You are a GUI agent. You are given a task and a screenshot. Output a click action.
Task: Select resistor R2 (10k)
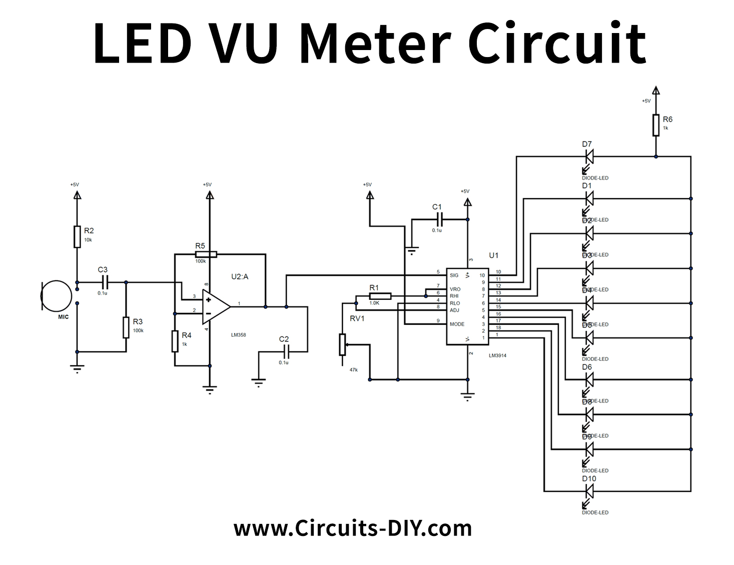click(x=77, y=237)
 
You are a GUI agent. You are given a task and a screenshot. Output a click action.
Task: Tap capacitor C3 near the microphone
click(x=103, y=282)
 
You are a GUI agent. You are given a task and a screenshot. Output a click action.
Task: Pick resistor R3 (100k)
click(x=126, y=327)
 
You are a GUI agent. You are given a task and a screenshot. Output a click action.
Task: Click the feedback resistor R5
click(x=206, y=254)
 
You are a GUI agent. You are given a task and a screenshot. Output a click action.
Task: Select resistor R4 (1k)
click(x=175, y=341)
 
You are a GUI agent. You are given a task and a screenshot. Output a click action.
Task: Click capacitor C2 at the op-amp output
click(x=284, y=352)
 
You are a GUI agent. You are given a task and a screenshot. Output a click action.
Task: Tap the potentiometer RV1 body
click(x=342, y=344)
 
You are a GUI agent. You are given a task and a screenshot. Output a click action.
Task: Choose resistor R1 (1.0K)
click(x=380, y=296)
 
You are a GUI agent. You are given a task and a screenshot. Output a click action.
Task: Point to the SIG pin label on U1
click(x=454, y=275)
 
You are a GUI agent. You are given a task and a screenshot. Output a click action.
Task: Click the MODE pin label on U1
click(x=456, y=324)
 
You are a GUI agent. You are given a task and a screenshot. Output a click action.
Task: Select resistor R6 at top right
click(x=655, y=125)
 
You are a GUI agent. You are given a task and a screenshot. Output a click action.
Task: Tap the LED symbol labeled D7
click(x=589, y=157)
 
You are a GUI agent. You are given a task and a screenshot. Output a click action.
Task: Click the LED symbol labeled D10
click(x=589, y=491)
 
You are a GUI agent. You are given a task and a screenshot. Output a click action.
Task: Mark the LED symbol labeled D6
click(x=589, y=380)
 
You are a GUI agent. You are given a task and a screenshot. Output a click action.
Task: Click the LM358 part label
click(x=238, y=335)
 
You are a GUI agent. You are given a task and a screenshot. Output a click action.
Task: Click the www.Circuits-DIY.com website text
click(x=353, y=528)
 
